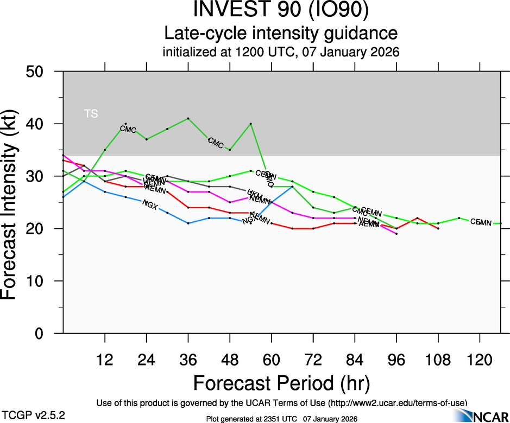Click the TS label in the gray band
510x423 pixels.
coord(91,114)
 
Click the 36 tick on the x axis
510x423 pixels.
coord(188,359)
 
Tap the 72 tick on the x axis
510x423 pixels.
coord(313,359)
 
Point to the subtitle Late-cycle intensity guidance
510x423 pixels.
coord(281,34)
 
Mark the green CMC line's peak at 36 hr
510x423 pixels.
coord(188,118)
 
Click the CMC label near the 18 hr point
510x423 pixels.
coord(128,130)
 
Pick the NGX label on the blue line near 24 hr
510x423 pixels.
coord(149,204)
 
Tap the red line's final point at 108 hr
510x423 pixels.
coord(438,228)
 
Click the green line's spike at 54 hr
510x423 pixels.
coord(250,124)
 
